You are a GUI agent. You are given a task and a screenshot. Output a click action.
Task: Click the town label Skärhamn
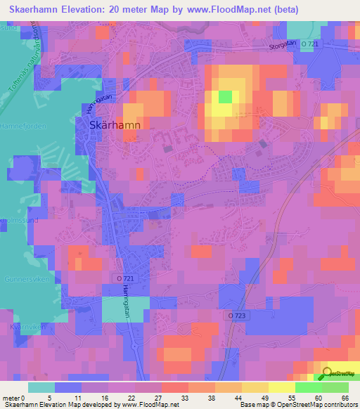115,125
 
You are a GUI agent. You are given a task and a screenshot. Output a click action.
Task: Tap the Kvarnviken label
21,327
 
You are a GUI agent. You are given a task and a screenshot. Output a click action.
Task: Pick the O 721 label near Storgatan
311,44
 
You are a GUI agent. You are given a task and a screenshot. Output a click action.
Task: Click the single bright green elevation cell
225,97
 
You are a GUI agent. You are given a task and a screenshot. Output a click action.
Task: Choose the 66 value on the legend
345,398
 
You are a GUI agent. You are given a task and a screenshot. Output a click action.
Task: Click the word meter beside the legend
11,398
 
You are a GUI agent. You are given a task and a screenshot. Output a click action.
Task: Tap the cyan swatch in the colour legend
41,387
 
